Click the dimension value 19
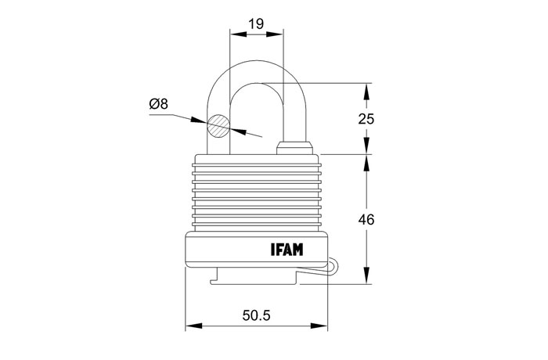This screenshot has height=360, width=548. point(256,24)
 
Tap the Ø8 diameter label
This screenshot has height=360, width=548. point(159,104)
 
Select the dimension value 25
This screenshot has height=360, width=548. point(366,119)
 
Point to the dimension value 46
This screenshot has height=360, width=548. point(366,219)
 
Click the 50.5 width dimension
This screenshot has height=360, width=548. point(256,315)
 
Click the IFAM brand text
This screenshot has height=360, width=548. point(287,250)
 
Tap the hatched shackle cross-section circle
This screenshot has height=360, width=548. point(218,126)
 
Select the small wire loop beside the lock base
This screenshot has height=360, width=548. point(332,266)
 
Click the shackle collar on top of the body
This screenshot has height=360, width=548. point(294,148)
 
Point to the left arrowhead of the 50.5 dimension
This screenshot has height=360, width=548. point(193,326)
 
